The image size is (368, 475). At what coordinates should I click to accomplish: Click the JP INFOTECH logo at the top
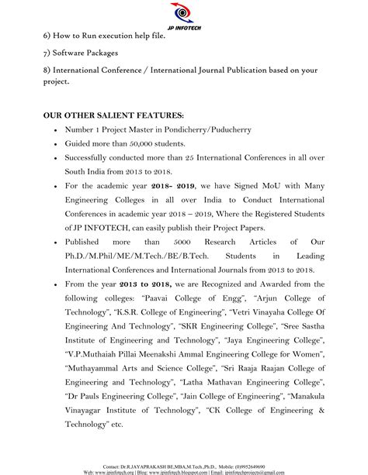[183, 15]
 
